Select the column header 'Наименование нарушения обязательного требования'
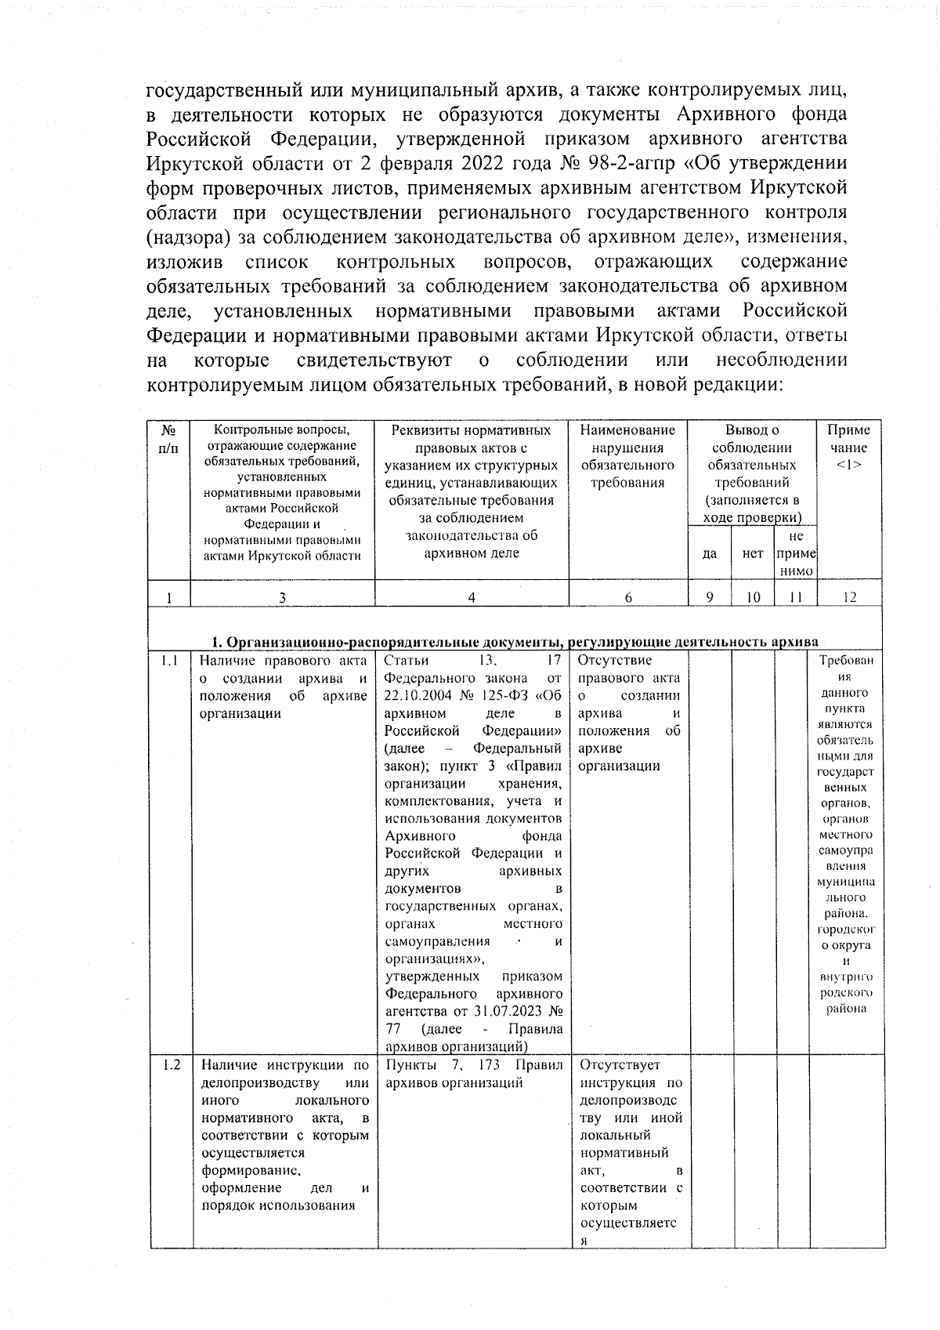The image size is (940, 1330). pos(628,456)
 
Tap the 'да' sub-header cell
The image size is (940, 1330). pos(710,553)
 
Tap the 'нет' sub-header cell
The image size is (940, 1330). pos(753,553)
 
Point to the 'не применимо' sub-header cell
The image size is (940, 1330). pos(796,553)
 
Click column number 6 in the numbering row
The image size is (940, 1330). pos(628,597)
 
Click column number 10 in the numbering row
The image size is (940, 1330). pos(753,597)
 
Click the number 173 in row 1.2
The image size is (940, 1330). pos(493,1065)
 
